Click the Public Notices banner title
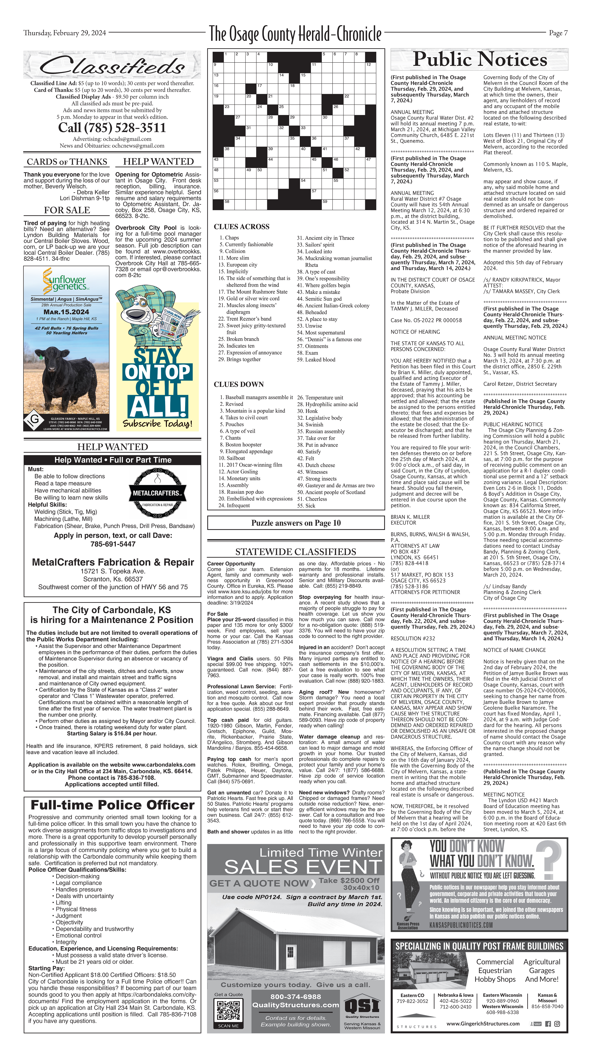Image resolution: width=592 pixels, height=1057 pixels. (479, 59)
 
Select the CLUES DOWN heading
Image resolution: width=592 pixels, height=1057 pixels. (239, 384)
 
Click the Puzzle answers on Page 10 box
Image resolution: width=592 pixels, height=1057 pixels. (296, 523)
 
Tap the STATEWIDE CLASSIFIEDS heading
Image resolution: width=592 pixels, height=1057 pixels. (296, 552)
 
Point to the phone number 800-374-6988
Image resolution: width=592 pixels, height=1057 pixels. (296, 996)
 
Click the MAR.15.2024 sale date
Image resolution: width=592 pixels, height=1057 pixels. (66, 312)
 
